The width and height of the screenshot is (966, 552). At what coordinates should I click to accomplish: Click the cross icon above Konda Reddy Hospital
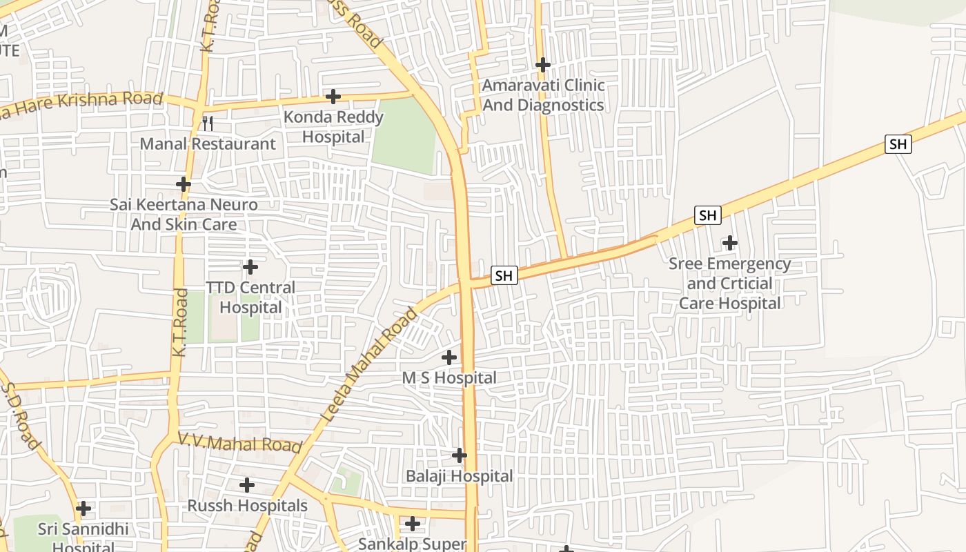point(333,96)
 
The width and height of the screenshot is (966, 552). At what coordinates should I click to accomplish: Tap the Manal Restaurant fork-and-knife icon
point(207,124)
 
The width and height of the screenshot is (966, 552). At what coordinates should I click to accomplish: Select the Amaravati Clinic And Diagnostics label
point(543,95)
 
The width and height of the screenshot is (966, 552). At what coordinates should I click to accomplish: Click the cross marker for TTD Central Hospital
point(250,266)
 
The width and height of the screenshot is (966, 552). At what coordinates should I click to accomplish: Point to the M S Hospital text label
point(449,378)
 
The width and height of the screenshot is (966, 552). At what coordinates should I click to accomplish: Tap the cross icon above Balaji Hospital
point(460,455)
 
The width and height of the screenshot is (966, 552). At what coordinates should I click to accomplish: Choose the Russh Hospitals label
point(248,506)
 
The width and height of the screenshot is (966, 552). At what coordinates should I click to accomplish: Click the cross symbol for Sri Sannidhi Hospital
point(83,509)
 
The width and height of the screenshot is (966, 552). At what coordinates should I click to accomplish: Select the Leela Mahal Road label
point(371,365)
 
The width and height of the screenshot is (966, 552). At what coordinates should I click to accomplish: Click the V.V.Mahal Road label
point(240,442)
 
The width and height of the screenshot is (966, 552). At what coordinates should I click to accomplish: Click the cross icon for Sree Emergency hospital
point(729,243)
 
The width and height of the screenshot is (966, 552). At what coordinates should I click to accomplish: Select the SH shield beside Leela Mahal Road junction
point(504,275)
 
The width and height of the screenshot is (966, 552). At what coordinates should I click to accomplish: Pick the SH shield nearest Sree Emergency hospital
point(708,215)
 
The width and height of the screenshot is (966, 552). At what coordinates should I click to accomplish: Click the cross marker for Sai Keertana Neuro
point(183,184)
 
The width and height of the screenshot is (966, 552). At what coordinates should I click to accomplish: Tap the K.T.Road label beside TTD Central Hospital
point(180,323)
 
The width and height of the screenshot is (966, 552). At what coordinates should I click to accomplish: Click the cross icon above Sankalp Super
point(413,524)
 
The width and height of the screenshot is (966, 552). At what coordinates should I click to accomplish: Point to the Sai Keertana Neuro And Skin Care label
point(184,215)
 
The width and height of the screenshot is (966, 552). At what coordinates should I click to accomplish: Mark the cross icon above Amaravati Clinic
point(543,65)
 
